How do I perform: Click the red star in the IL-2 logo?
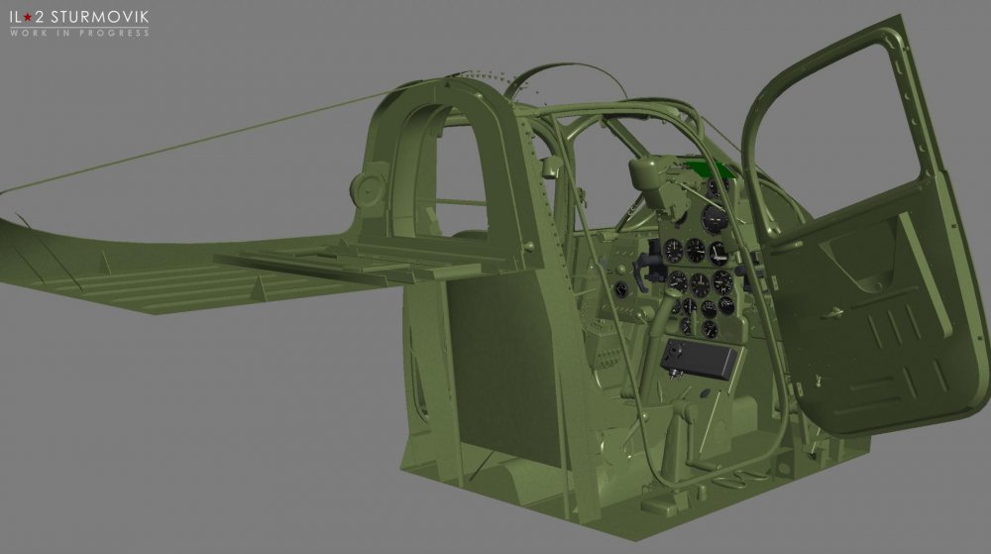pyautogui.click(x=28, y=18)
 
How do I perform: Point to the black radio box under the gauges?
pyautogui.click(x=699, y=358)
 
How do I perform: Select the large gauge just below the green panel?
pyautogui.click(x=715, y=219)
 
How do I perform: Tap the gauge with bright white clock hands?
pyautogui.click(x=718, y=254)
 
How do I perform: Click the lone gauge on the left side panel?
pyautogui.click(x=620, y=290)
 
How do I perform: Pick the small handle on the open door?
pyautogui.click(x=834, y=312)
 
